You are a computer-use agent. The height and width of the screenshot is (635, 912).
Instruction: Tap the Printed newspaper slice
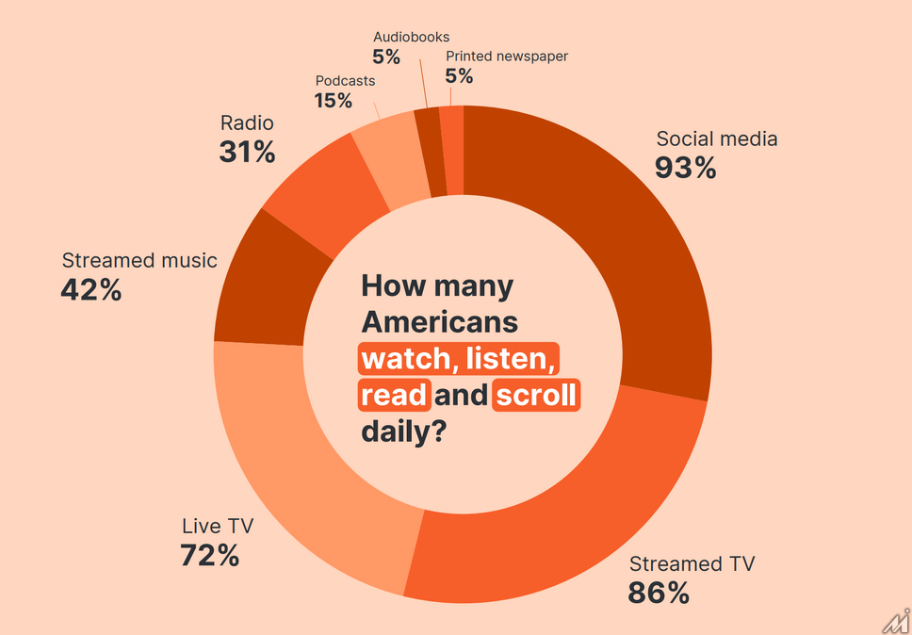(x=452, y=151)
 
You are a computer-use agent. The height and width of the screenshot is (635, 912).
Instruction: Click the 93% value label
(x=685, y=168)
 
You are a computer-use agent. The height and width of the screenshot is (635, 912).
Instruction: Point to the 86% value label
(x=659, y=593)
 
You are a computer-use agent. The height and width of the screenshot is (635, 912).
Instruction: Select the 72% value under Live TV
(x=209, y=555)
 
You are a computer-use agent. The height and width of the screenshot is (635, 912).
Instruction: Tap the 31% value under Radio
(x=247, y=152)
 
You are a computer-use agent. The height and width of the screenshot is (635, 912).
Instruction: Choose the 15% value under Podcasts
(x=333, y=100)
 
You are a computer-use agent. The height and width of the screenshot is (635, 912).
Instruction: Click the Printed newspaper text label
(x=507, y=57)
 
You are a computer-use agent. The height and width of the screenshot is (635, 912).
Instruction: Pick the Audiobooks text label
(x=411, y=38)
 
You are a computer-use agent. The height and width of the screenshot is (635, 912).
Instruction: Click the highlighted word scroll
(x=535, y=394)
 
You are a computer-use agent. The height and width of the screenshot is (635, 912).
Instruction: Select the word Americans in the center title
(x=440, y=322)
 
